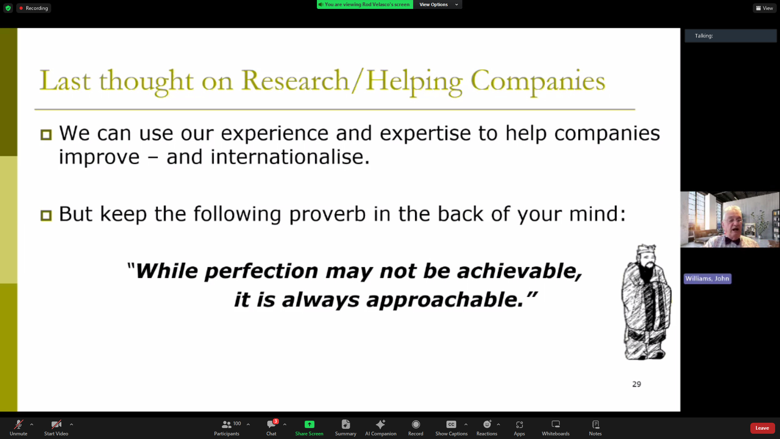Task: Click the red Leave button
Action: pyautogui.click(x=762, y=428)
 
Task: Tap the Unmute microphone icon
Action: pyautogui.click(x=19, y=424)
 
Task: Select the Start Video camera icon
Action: pyautogui.click(x=56, y=424)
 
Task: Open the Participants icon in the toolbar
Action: pyautogui.click(x=226, y=424)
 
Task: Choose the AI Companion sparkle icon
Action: pyautogui.click(x=381, y=424)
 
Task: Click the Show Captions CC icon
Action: pyautogui.click(x=451, y=424)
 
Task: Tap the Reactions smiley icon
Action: pyautogui.click(x=487, y=424)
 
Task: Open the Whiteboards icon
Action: pyautogui.click(x=556, y=424)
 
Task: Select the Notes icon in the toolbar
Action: pyautogui.click(x=596, y=424)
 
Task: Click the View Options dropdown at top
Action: pyautogui.click(x=438, y=4)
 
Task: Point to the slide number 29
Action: pyautogui.click(x=637, y=384)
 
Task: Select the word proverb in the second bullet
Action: pyautogui.click(x=327, y=214)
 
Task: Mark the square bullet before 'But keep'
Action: pyautogui.click(x=46, y=215)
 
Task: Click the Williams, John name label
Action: pyautogui.click(x=707, y=278)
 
